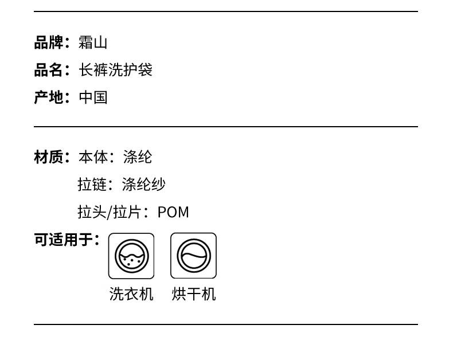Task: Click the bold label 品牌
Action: coord(48,42)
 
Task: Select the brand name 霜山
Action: coord(93,42)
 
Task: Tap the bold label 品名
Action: coord(48,70)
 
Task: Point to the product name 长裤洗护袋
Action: coord(115,70)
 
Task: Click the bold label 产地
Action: coord(48,97)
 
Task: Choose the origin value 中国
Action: coord(93,97)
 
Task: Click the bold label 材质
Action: coord(48,157)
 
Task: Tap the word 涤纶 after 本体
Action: coord(138,157)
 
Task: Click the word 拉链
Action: coord(92,185)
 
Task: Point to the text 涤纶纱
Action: coord(144,185)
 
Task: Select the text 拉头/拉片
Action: coord(109,212)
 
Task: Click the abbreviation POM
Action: coord(173,212)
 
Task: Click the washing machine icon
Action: coord(131,256)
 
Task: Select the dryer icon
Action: coord(193,256)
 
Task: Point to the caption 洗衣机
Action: coord(131,294)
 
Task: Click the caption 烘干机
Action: coord(194,294)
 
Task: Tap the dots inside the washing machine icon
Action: coord(131,261)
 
